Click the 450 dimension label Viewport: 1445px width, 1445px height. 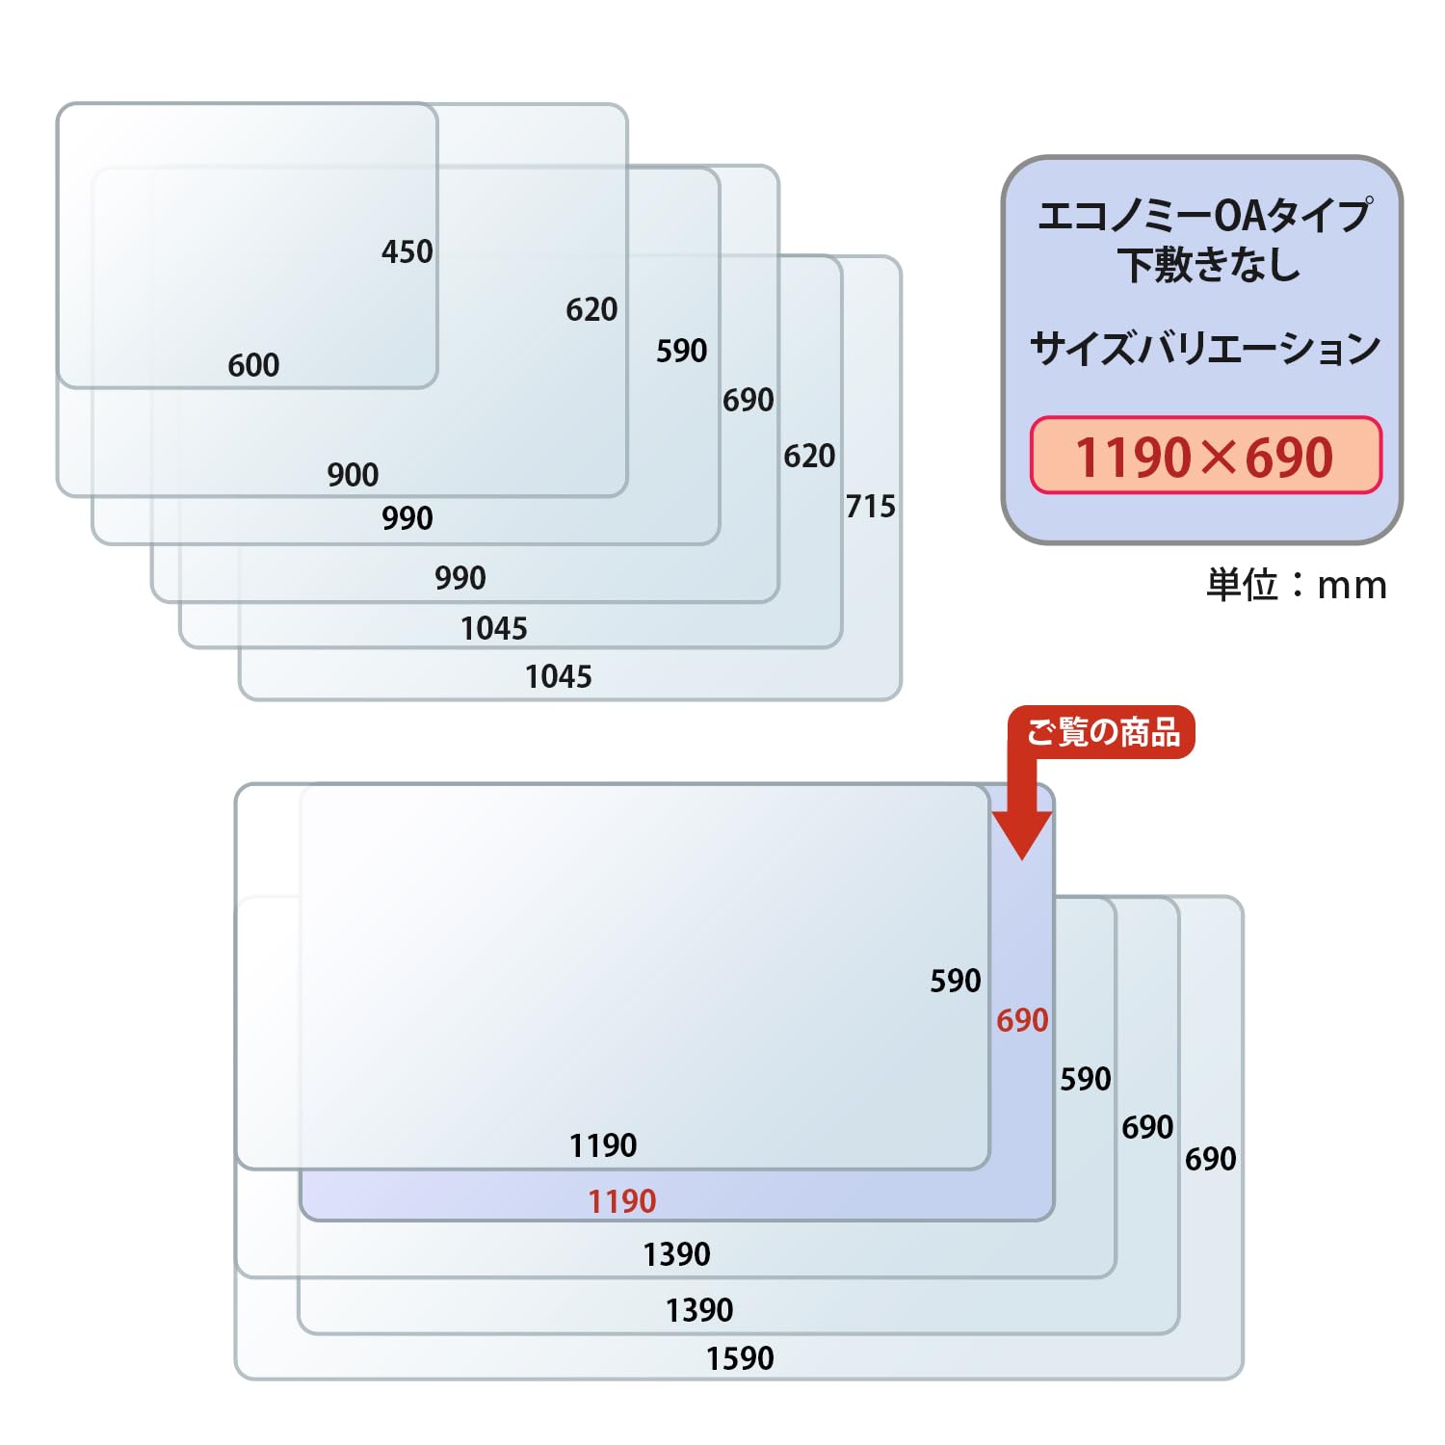click(x=407, y=252)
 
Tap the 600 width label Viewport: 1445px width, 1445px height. click(x=253, y=366)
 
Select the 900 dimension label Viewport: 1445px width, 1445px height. click(x=353, y=475)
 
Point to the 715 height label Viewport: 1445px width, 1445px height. click(x=871, y=507)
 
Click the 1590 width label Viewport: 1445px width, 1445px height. click(x=740, y=1359)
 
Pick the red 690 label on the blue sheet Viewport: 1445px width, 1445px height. click(x=1022, y=1021)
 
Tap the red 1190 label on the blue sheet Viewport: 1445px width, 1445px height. click(x=622, y=1202)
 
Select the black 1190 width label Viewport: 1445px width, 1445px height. click(x=603, y=1146)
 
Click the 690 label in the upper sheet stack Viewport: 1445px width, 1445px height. click(x=749, y=401)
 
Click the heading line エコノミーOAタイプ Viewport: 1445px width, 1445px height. click(x=1204, y=216)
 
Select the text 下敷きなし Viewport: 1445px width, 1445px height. click(x=1209, y=265)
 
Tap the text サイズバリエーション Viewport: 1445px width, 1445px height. click(x=1205, y=349)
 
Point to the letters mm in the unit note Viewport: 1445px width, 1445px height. click(x=1353, y=586)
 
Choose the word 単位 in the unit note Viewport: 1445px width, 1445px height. click(x=1242, y=585)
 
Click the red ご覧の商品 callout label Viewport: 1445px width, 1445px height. click(x=1102, y=733)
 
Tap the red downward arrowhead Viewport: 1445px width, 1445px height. click(x=1021, y=834)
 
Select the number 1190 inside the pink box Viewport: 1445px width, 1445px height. click(x=1134, y=458)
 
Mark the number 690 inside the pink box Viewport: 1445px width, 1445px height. click(x=1290, y=458)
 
